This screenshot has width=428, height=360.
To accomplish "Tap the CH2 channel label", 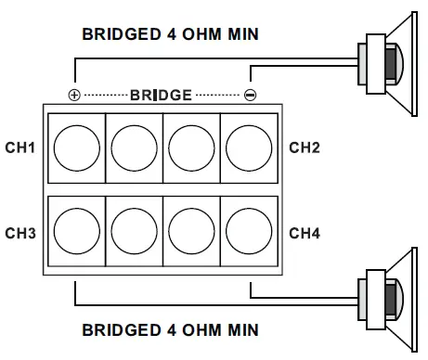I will click(305, 147).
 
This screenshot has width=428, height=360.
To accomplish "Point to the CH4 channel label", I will click(305, 233).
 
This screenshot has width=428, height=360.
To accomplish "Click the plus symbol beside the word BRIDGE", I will click(74, 96).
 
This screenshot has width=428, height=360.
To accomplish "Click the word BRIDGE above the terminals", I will click(162, 96).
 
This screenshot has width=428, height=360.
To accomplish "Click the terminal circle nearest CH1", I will click(76, 147).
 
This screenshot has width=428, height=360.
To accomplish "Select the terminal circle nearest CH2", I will click(247, 147).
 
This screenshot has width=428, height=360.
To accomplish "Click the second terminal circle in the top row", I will click(134, 147).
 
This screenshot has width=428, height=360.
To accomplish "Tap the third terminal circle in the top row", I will click(190, 147).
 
